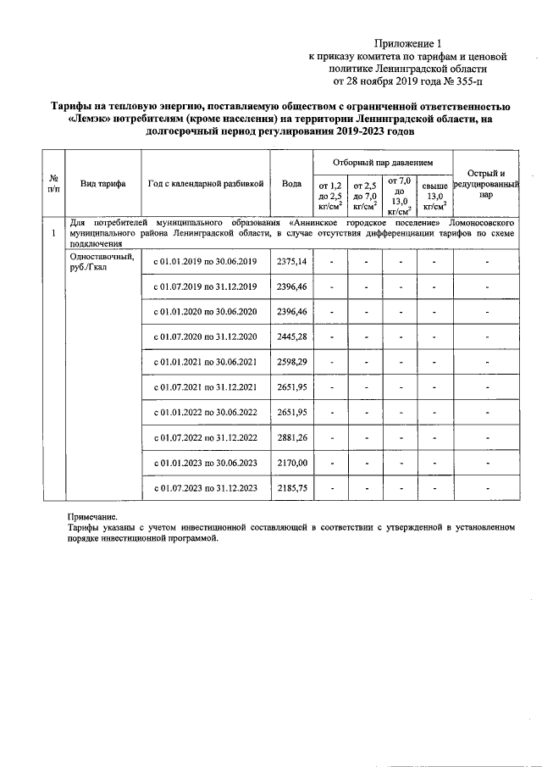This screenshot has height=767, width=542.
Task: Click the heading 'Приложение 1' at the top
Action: pyautogui.click(x=409, y=42)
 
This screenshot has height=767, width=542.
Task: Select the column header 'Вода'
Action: pyautogui.click(x=291, y=183)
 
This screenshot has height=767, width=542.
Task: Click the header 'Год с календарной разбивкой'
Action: pyautogui.click(x=206, y=183)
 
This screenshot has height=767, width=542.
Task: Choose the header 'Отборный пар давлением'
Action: pyautogui.click(x=383, y=160)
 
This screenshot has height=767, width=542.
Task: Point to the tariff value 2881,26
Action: pyautogui.click(x=291, y=437)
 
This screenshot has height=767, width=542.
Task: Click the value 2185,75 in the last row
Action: pyautogui.click(x=291, y=489)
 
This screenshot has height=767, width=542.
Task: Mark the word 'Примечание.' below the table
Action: pyautogui.click(x=93, y=516)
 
